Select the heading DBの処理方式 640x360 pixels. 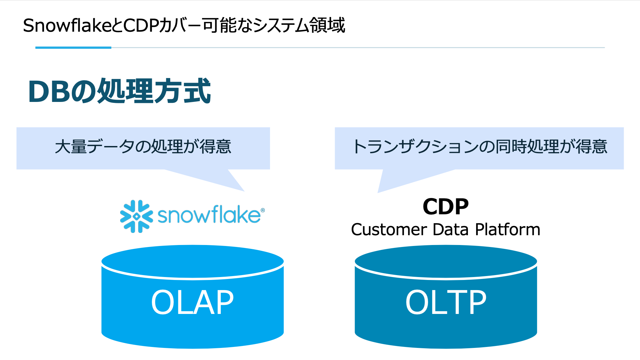click(x=120, y=91)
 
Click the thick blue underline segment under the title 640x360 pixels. click(x=73, y=48)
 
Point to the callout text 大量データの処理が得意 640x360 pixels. click(x=143, y=147)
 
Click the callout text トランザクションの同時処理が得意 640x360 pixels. click(x=479, y=147)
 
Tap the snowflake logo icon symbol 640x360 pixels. click(x=136, y=216)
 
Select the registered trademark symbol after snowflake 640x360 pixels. click(x=263, y=210)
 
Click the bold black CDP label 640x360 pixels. click(x=445, y=206)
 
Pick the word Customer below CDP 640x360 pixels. click(x=389, y=229)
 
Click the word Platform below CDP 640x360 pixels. click(x=507, y=229)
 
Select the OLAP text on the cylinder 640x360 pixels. click(x=192, y=303)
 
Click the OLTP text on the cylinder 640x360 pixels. click(x=446, y=303)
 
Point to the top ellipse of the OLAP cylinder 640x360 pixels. click(x=192, y=262)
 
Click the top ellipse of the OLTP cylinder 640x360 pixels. click(x=446, y=262)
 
